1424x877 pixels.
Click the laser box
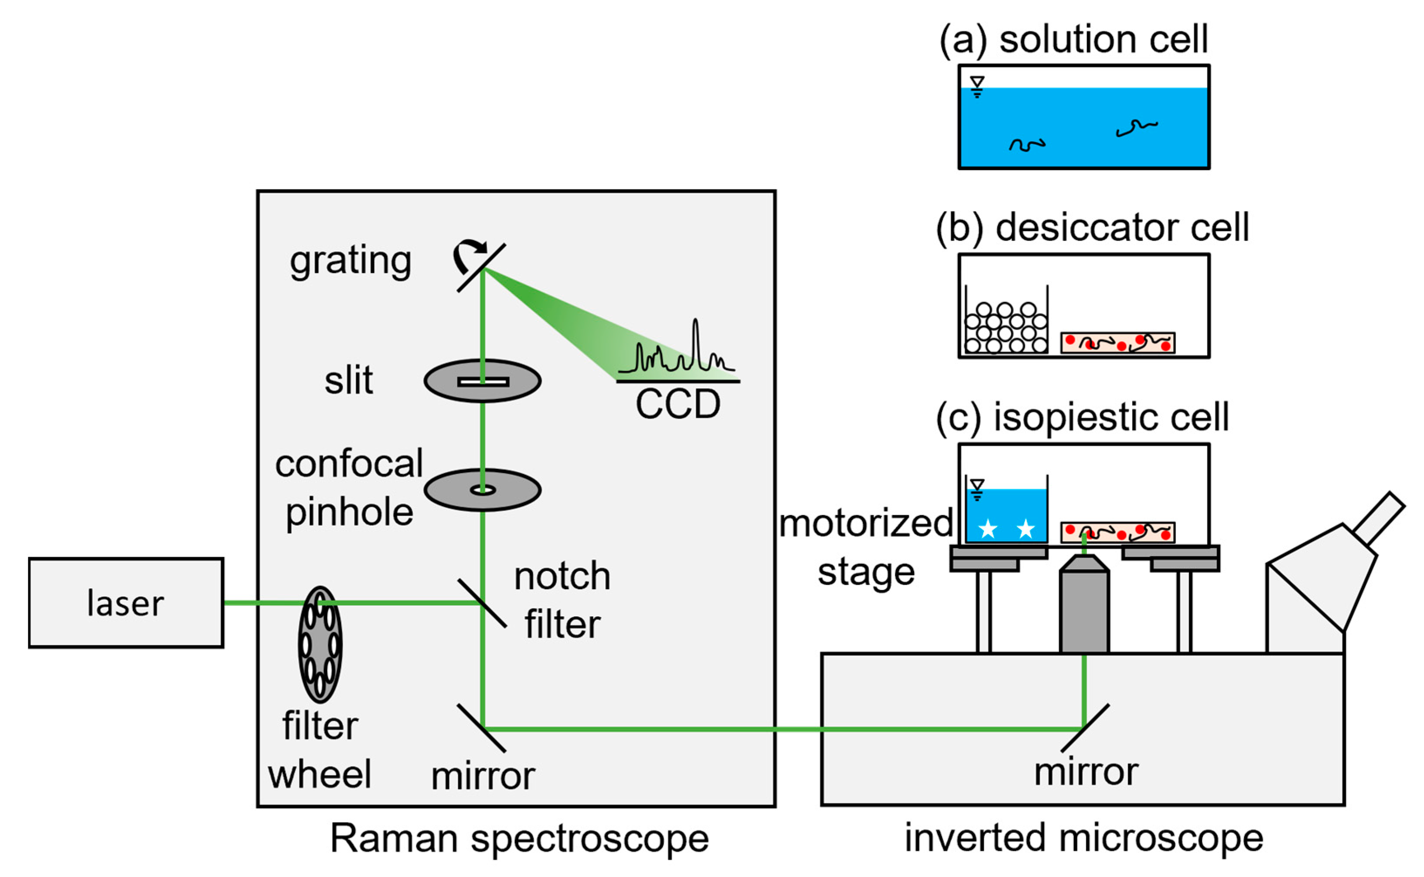click(126, 603)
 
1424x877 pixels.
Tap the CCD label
click(678, 404)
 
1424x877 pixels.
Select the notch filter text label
click(562, 601)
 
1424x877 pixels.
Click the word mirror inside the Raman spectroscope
click(483, 776)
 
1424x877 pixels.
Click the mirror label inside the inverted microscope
click(1086, 771)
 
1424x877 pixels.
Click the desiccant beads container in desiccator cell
click(1006, 328)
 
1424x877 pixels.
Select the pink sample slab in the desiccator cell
click(1118, 343)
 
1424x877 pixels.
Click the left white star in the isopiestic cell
click(988, 529)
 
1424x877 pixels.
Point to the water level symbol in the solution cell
click(978, 86)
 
